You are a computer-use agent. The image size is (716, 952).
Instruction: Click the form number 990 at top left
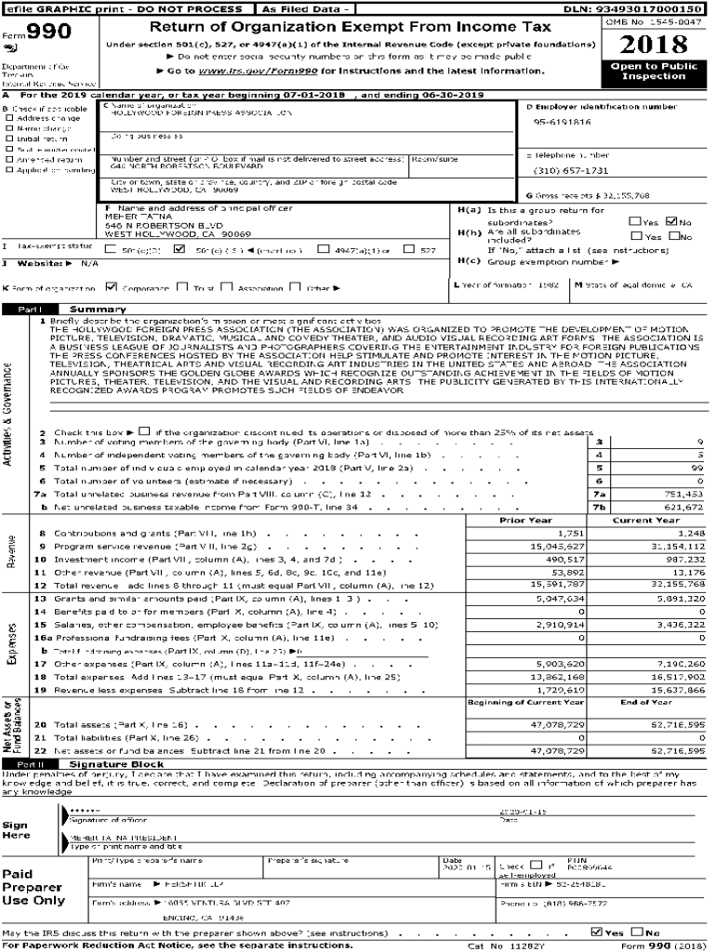click(x=40, y=33)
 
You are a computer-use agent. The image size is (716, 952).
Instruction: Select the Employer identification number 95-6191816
click(x=562, y=122)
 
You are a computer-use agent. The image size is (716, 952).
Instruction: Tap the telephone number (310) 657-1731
click(x=571, y=171)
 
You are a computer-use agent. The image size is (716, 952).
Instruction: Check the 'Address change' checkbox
click(x=9, y=118)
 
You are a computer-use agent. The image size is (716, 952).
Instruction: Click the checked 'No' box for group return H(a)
click(x=673, y=221)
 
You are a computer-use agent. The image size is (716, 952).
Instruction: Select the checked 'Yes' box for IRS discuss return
click(x=596, y=932)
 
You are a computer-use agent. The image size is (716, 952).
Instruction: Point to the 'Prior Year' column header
click(x=526, y=520)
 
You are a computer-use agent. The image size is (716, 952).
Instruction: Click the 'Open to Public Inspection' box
click(x=654, y=72)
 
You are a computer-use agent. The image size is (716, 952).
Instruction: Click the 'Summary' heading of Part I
click(x=92, y=309)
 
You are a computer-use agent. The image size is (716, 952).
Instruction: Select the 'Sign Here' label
click(x=16, y=829)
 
